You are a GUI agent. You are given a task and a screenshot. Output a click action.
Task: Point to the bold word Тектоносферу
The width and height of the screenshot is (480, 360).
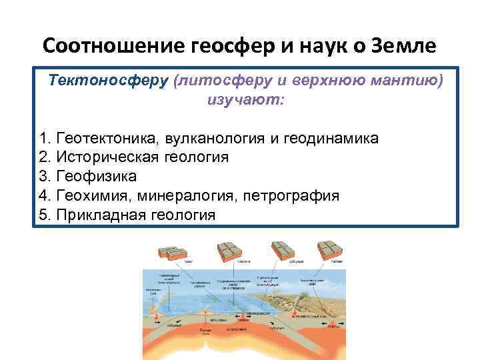click(x=107, y=81)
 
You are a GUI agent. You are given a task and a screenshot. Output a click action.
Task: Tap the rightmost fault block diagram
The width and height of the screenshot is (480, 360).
click(x=331, y=251)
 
